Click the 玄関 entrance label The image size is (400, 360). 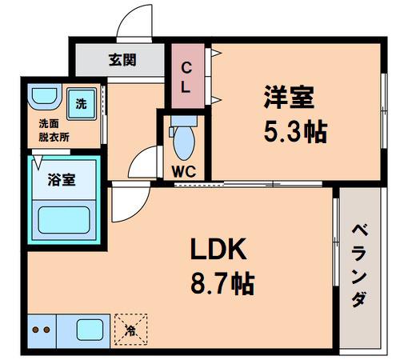(x=122, y=60)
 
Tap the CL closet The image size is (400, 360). (x=188, y=76)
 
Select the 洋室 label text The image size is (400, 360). (x=289, y=97)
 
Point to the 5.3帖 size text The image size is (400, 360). (x=295, y=132)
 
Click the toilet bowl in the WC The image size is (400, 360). (x=184, y=143)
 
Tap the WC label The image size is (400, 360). (x=184, y=171)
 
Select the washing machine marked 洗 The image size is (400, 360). (x=82, y=104)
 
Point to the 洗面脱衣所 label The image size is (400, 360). (x=54, y=130)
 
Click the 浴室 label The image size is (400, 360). (x=62, y=180)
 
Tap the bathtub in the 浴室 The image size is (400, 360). (x=64, y=220)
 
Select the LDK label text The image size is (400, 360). (x=218, y=250)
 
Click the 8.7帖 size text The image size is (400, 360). (x=222, y=283)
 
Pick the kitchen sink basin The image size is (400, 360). (x=90, y=330)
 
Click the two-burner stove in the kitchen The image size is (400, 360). (x=42, y=331)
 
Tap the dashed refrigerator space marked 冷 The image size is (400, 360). (x=131, y=330)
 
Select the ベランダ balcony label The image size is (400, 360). (x=360, y=266)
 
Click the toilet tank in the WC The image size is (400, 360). (x=184, y=121)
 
